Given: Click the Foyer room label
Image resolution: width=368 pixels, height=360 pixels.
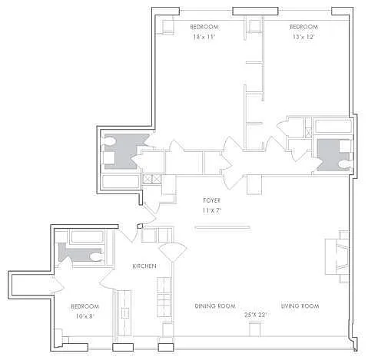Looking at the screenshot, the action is point(211,200).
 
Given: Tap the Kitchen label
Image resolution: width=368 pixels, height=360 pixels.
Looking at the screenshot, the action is point(144,266).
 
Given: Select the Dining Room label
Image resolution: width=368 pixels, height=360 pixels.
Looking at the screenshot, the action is point(215,306).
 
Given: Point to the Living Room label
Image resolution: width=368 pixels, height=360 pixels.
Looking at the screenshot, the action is point(300,306).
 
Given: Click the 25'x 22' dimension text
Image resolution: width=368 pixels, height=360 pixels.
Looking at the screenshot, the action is point(256,315).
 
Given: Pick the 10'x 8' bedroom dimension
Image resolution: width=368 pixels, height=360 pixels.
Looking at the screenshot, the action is point(85,316).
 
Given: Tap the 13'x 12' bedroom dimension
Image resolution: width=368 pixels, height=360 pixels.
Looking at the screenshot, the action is point(303,37).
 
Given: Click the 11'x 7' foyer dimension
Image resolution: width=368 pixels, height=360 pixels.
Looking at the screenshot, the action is point(212,210).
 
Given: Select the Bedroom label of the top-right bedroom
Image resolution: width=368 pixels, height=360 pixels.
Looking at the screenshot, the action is point(303,27).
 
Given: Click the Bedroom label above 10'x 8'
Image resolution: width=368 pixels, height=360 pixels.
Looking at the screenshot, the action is point(85,306).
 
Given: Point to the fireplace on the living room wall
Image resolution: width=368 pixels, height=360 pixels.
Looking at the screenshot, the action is point(337,256).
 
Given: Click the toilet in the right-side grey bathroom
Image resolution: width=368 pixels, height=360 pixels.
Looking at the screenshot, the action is point(345,163).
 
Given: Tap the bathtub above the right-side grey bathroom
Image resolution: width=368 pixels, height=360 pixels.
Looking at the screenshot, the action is point(333,126).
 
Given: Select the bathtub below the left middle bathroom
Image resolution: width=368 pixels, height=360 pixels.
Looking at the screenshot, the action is point(121,181).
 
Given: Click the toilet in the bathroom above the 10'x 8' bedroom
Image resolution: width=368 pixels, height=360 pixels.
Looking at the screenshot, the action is point(97,257).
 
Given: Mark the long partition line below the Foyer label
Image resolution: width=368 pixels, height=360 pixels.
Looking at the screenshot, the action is point(222,227).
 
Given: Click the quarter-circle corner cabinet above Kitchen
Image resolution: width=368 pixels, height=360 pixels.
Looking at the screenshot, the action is point(173,252).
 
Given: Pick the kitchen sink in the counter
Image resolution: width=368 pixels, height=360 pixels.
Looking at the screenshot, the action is point(125,313).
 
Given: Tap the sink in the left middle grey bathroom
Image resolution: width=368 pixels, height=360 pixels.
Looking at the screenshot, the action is point(109,158).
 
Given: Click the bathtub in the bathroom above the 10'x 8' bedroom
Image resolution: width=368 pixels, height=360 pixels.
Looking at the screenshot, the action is point(88,236).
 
